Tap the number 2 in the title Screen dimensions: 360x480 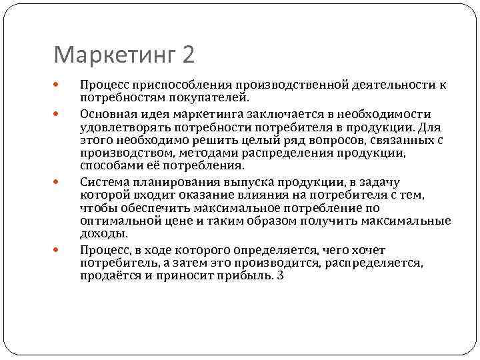click(x=187, y=54)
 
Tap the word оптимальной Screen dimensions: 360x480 click(x=116, y=221)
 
